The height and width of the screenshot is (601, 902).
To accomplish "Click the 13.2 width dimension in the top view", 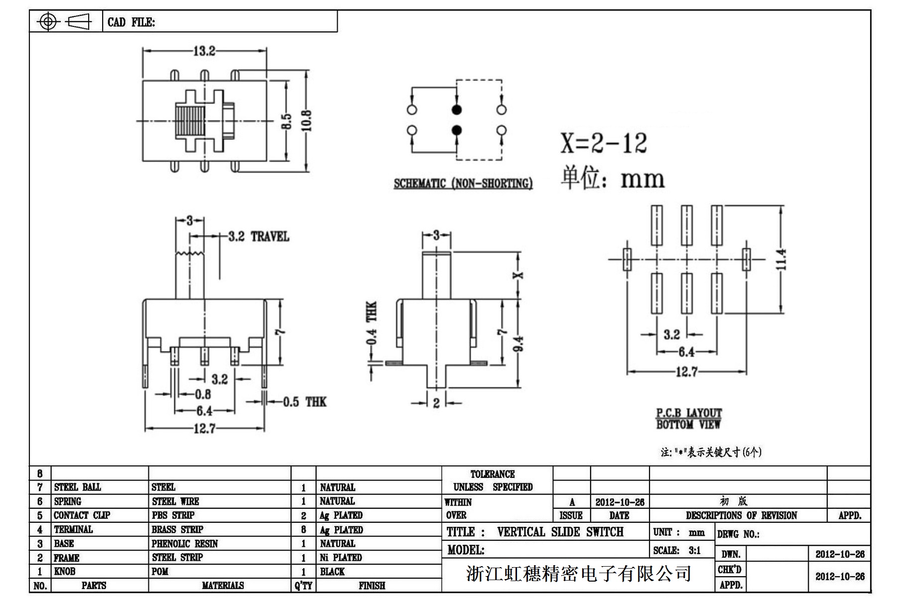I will [x=204, y=51].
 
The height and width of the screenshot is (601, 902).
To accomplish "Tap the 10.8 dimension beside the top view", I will [x=307, y=120].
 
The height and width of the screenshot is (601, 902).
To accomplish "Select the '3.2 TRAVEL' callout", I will [x=258, y=236].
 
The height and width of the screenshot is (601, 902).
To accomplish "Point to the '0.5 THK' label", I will [x=304, y=401].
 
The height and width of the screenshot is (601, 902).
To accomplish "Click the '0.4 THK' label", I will [x=372, y=323].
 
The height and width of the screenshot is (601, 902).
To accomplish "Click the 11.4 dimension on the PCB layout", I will [x=780, y=259].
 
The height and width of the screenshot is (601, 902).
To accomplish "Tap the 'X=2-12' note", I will [x=604, y=143].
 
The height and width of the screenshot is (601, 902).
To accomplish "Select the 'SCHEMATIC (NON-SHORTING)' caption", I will [x=463, y=183].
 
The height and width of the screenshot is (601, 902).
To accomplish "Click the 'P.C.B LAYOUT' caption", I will [x=688, y=413].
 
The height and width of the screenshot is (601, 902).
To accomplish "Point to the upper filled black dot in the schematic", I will [x=456, y=110].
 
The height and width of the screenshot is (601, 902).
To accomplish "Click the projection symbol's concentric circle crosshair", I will [x=48, y=21].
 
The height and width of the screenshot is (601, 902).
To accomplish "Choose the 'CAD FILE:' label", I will [x=131, y=22].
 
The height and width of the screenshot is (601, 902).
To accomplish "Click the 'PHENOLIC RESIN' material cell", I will [x=185, y=543].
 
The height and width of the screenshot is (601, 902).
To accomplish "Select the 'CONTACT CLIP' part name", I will [x=82, y=515].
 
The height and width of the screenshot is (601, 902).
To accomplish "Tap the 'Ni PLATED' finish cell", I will [x=341, y=557].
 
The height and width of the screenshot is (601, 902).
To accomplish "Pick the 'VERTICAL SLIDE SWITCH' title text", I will [x=560, y=532].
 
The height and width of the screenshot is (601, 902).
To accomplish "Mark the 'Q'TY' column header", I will [x=303, y=586].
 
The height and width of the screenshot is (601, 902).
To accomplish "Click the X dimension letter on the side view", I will [x=518, y=275].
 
